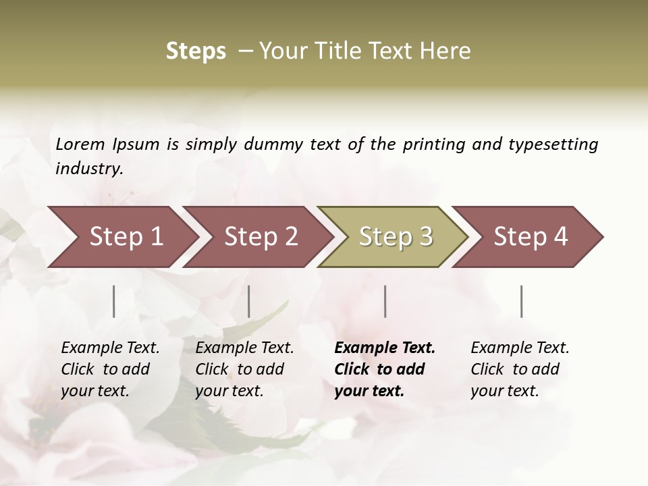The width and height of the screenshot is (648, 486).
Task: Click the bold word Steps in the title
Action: click(196, 51)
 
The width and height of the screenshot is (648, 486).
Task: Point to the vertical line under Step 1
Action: click(114, 301)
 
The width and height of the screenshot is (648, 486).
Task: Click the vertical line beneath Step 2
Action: click(249, 301)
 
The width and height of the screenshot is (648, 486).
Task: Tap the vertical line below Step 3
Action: click(385, 301)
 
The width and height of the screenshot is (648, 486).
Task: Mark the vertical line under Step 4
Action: click(522, 301)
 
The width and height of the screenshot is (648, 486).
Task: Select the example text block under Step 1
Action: click(110, 369)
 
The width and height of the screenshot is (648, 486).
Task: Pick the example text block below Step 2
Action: click(244, 369)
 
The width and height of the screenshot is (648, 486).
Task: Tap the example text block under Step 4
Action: click(520, 369)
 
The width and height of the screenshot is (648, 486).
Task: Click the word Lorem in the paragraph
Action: click(80, 144)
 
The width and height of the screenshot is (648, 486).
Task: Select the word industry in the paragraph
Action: click(88, 169)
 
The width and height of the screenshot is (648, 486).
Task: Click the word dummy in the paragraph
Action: click(277, 144)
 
